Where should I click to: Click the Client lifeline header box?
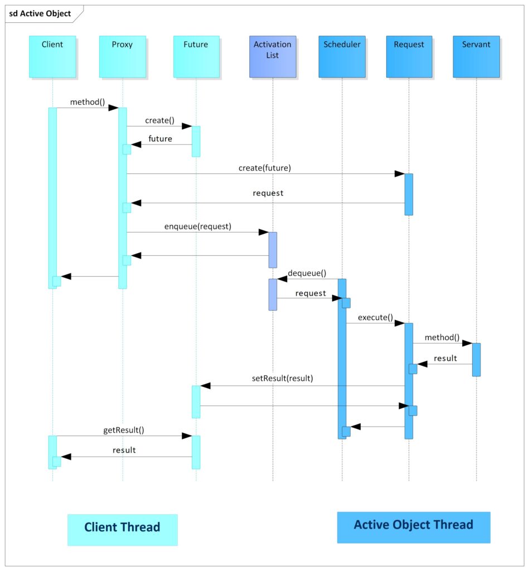[x=52, y=56]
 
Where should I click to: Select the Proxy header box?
[x=123, y=56]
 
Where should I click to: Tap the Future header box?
[x=196, y=56]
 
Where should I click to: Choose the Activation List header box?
[x=273, y=56]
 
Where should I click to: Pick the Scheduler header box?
[x=342, y=56]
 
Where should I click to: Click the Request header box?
[x=409, y=56]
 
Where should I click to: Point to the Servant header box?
[x=476, y=56]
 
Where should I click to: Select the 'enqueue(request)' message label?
[x=197, y=226]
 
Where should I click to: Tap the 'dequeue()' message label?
[x=307, y=273]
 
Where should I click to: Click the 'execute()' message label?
[x=375, y=318]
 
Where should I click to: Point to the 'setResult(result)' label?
[x=283, y=378]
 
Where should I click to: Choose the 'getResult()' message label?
[x=124, y=430]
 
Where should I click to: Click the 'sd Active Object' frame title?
[x=40, y=13]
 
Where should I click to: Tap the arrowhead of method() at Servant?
[x=467, y=343]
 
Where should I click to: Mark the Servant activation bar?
[x=476, y=360]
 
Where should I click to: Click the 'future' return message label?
[x=160, y=139]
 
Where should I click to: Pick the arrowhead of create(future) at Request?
[x=399, y=174]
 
